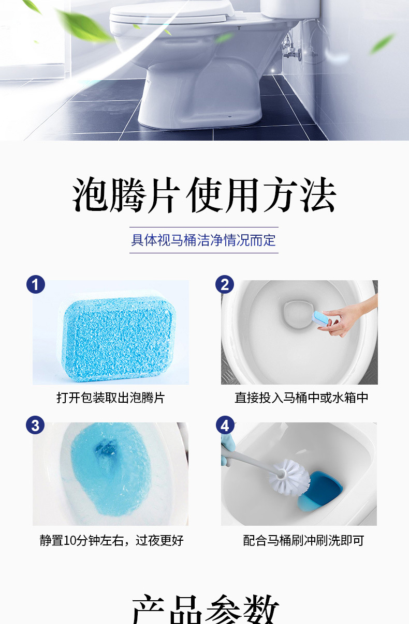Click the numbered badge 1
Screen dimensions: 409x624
coord(35,284)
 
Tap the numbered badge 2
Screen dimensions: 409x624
coord(225,284)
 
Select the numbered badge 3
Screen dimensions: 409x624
coord(35,425)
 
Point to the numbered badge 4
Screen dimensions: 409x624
coord(225,425)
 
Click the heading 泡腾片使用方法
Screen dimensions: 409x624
coord(204,195)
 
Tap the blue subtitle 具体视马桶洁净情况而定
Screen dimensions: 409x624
coord(203,240)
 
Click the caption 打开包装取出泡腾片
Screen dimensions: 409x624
coord(110,398)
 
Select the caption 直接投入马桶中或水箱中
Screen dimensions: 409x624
coord(301,398)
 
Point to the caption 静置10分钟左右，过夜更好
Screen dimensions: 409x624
coord(111,540)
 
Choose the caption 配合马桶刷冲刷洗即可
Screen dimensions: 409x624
coord(303,540)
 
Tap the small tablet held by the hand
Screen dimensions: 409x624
coord(320,318)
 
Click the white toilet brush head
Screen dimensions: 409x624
coord(290,477)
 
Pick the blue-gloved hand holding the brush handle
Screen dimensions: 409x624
coord(225,450)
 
